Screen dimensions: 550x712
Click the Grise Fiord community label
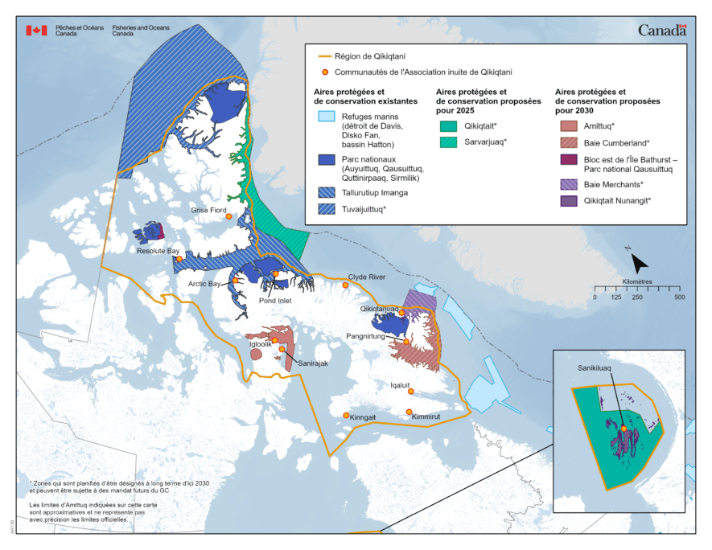pos(208,210)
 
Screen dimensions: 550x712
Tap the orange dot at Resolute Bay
pos(179,259)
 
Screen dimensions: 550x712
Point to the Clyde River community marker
pos(346,285)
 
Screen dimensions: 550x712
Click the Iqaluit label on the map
pos(401,385)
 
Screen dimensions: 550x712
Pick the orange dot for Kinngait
pos(346,415)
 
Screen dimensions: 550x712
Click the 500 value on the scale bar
pos(678,298)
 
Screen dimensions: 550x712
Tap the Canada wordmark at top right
pos(662,30)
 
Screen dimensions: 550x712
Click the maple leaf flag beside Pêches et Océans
pos(36,30)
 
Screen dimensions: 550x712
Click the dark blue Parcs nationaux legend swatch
pos(326,160)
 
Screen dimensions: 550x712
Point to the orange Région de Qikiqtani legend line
pos(326,56)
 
